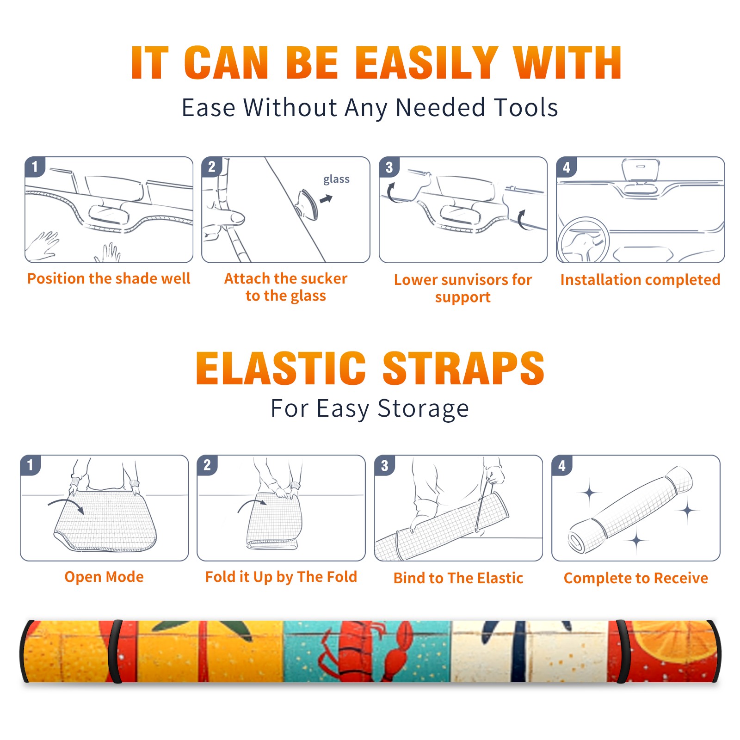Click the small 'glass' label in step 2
336,179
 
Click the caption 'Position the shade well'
109,278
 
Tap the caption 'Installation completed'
640,280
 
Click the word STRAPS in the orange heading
463,368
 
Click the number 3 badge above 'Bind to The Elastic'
384,466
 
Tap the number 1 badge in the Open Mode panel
31,465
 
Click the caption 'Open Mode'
104,577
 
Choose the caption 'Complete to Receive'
636,578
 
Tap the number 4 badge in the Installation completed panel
567,167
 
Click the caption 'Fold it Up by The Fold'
281,577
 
